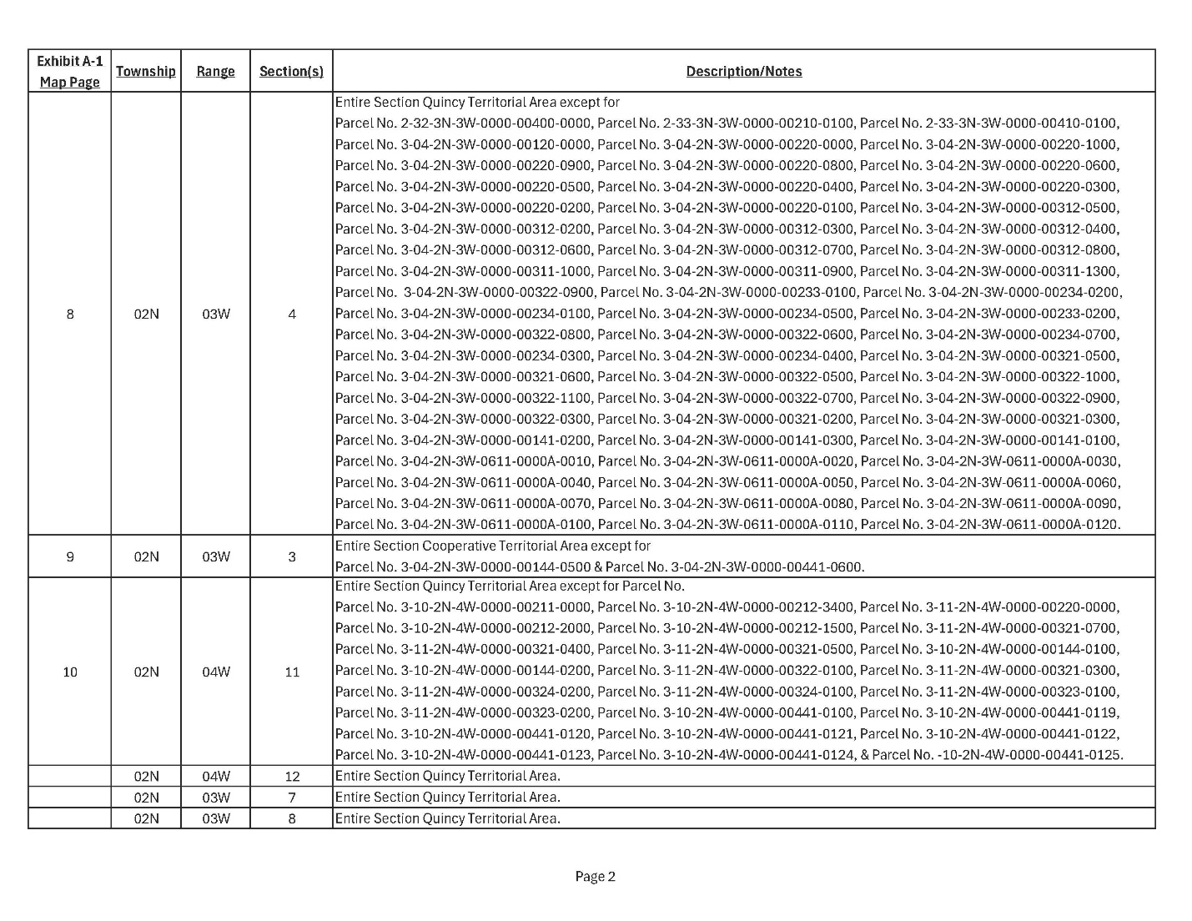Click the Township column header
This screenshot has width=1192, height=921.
pyautogui.click(x=146, y=71)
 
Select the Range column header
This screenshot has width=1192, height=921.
pyautogui.click(x=215, y=71)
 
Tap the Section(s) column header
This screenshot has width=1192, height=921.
pyautogui.click(x=291, y=71)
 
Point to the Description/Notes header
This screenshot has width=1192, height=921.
pyautogui.click(x=744, y=71)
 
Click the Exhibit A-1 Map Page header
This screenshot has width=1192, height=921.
pyautogui.click(x=70, y=71)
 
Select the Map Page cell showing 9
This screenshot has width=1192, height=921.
pyautogui.click(x=70, y=556)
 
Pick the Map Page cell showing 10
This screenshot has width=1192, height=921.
pyautogui.click(x=70, y=672)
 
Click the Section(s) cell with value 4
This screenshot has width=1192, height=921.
pyautogui.click(x=292, y=314)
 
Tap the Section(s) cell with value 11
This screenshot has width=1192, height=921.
pyautogui.click(x=292, y=672)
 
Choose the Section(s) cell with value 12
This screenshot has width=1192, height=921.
pyautogui.click(x=292, y=776)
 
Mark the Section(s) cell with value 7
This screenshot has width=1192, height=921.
pyautogui.click(x=292, y=797)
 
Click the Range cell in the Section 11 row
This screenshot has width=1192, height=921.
pyautogui.click(x=215, y=672)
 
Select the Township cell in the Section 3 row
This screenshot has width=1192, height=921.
pyautogui.click(x=146, y=556)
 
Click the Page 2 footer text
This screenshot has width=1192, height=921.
pyautogui.click(x=595, y=876)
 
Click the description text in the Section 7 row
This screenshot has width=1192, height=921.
pyautogui.click(x=447, y=797)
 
